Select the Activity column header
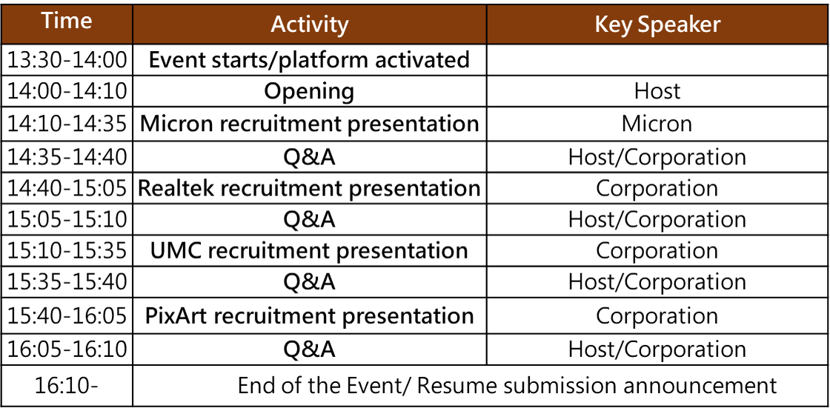[x=310, y=24]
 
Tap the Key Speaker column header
[x=657, y=24]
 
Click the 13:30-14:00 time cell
[x=67, y=60]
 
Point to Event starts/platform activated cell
[x=310, y=60]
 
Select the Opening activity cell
[x=310, y=92]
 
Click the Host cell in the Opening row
[x=657, y=92]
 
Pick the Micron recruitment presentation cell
[x=310, y=124]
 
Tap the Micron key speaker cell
[x=657, y=124]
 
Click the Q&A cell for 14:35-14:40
[x=310, y=156]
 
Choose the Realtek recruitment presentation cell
[x=310, y=188]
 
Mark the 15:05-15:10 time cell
[x=67, y=220]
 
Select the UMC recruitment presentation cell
[x=310, y=251]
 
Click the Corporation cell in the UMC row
[x=657, y=251]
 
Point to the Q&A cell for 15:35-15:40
[x=310, y=283]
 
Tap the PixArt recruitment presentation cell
[x=310, y=315]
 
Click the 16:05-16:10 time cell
[x=67, y=349]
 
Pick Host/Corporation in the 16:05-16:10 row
[x=657, y=349]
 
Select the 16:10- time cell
[x=67, y=386]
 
